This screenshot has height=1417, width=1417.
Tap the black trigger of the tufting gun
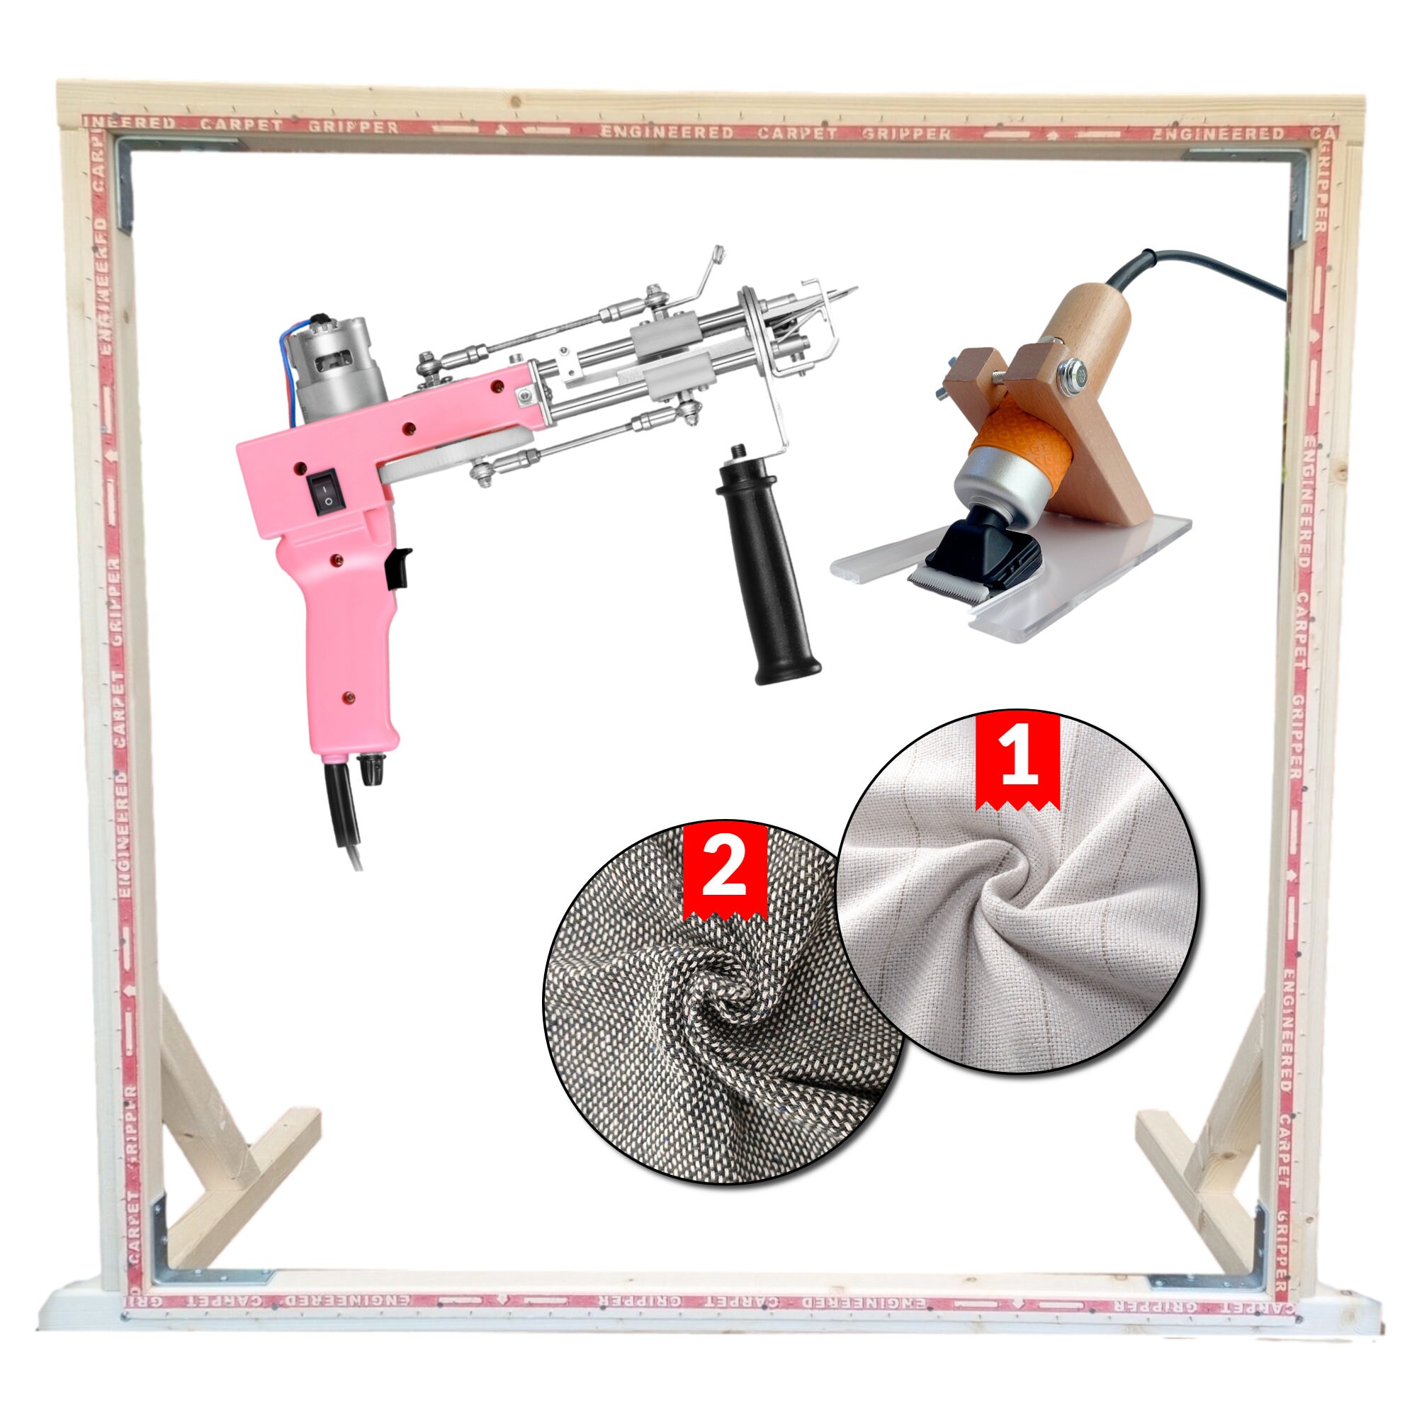point(400,567)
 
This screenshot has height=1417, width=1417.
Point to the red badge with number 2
point(725,872)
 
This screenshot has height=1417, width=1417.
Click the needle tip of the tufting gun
point(854,289)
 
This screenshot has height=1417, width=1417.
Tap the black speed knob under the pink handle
point(367,769)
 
